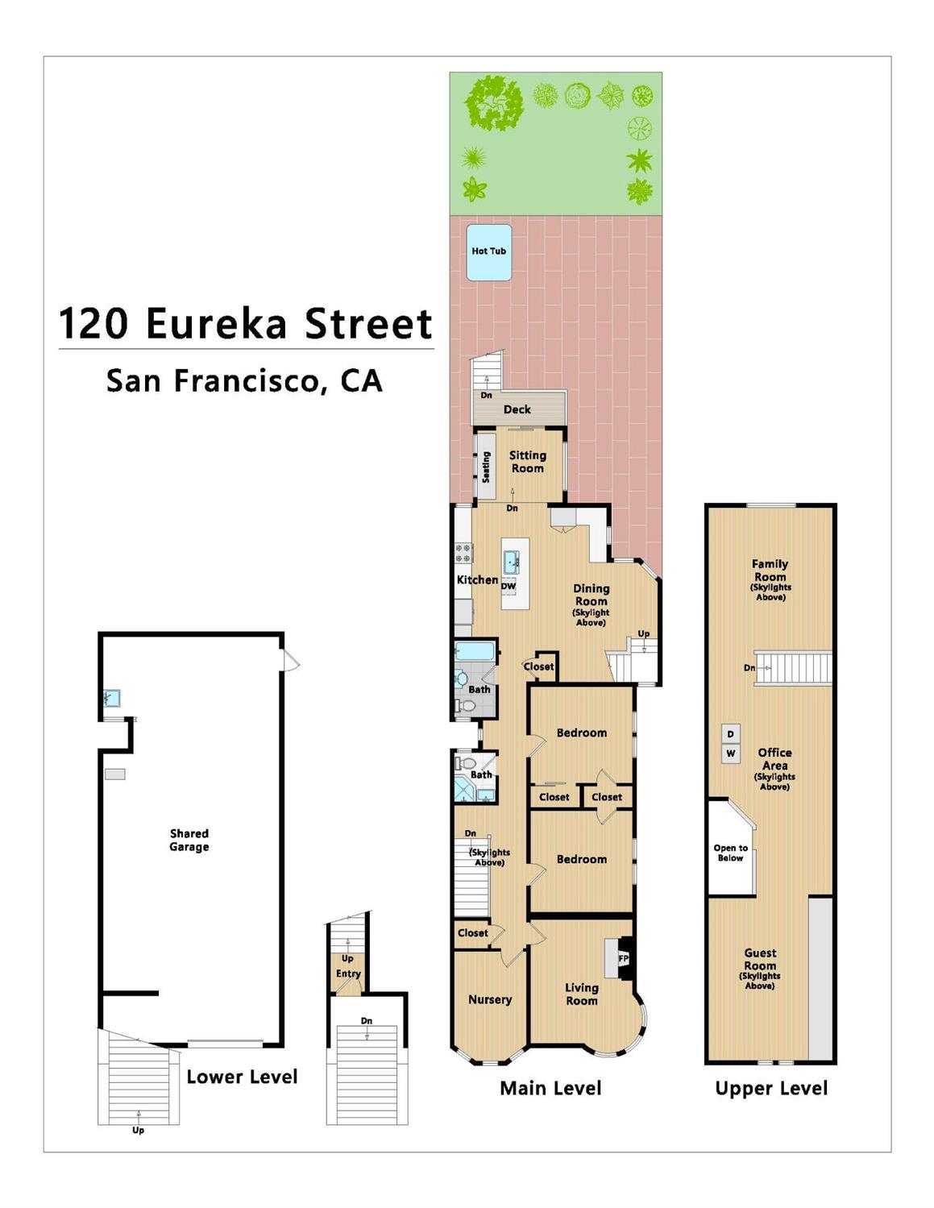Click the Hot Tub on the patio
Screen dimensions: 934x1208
[488, 252]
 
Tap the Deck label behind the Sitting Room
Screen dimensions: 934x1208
[517, 409]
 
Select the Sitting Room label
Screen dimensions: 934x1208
[528, 462]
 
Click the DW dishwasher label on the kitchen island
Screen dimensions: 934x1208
[509, 586]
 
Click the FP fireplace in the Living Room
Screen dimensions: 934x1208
[624, 958]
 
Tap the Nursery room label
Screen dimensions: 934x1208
[490, 999]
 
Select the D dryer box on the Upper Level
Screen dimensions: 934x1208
[731, 734]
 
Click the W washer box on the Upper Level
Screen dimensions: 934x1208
[731, 753]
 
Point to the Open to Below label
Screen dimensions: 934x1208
[731, 853]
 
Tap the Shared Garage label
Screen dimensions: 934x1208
[189, 840]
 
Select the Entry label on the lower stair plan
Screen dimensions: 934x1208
[348, 973]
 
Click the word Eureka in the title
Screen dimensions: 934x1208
[216, 323]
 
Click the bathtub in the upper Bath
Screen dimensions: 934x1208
[474, 651]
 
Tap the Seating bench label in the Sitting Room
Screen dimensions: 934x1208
[485, 467]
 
